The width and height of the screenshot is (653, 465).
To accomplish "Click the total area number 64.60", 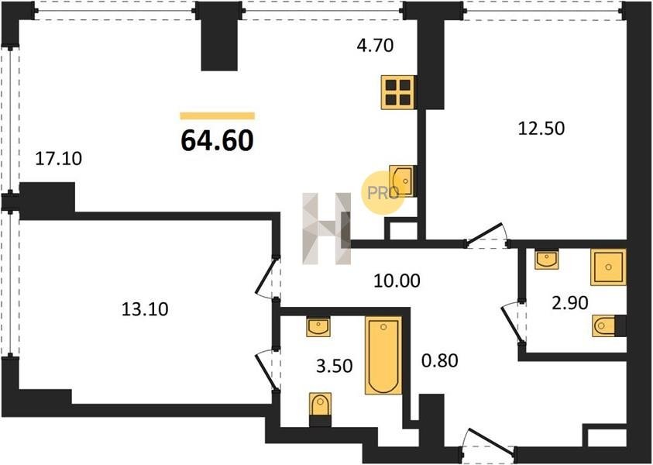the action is pos(217,140).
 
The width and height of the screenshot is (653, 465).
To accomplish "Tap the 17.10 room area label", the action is pos(59,159).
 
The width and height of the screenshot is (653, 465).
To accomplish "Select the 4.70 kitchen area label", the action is pos(375,46).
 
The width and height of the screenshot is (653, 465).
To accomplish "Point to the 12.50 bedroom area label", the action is pos(541,128).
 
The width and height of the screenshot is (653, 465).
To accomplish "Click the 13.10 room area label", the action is pos(145,309).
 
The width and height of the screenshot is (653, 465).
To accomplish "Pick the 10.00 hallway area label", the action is pos(397,281).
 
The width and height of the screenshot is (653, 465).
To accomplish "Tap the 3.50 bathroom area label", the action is pos(335,367).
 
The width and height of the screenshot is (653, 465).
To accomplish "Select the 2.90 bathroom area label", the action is pos(569,303).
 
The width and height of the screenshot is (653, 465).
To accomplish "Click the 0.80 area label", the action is pos(440,360).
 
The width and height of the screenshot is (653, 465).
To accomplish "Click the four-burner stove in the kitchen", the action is pos(398,92).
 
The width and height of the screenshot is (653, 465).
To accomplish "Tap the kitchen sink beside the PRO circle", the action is pos(401,181).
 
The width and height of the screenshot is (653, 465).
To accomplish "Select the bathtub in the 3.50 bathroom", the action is pos(383,356).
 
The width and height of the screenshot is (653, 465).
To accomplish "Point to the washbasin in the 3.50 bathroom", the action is pos(318,327).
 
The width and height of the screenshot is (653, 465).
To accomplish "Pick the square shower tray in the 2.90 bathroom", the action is pos(608,267).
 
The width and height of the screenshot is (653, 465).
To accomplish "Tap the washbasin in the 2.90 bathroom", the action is pos(546,259).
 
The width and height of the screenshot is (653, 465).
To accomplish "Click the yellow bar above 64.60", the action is pos(218,115).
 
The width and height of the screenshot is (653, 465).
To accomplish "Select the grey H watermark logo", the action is pos(327,229).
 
